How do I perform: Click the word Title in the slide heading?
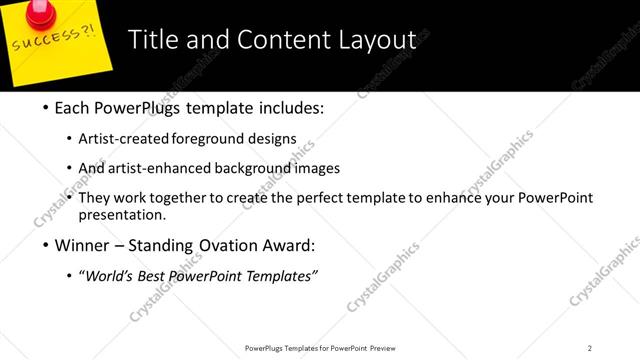(154, 40)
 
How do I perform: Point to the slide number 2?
(590, 347)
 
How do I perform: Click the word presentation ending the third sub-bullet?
(128, 215)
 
